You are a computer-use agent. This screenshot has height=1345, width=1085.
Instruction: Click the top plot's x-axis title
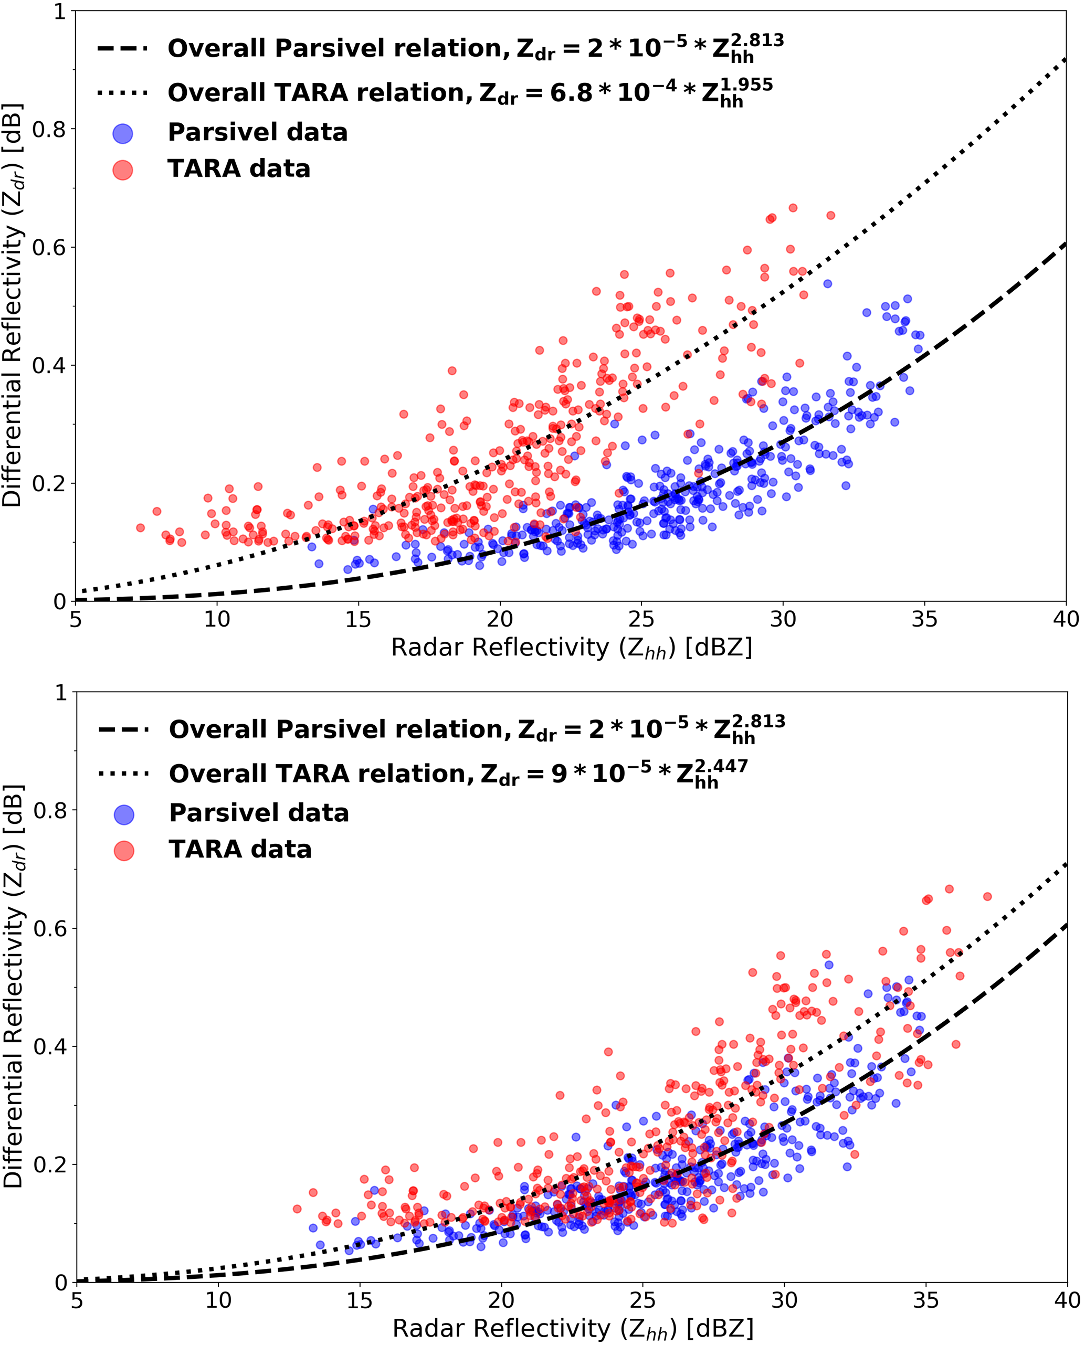coord(571,648)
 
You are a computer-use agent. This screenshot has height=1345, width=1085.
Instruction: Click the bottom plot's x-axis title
coord(573,1328)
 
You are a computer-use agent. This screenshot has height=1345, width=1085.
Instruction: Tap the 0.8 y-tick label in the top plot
coord(49,129)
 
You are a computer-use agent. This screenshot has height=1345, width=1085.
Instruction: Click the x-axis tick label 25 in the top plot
coord(641,620)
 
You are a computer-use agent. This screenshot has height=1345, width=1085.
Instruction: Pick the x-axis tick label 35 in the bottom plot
coord(925,1300)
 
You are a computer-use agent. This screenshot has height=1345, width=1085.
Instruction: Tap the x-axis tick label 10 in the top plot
coord(217,620)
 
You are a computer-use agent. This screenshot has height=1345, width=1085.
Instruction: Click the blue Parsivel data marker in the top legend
coord(122,133)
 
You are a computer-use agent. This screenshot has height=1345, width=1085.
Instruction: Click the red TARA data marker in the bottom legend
coord(124,850)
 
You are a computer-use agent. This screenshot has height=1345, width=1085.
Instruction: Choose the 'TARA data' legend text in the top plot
coord(239,168)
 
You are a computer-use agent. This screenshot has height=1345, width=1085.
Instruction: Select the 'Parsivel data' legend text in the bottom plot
coord(259,813)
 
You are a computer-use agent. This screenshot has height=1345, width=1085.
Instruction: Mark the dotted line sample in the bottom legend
coord(124,774)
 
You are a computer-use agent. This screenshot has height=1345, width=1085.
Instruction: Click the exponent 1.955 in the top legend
coord(747,84)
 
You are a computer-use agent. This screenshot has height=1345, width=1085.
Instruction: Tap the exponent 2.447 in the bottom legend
coord(722,765)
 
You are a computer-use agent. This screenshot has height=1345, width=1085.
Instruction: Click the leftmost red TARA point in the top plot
coord(141,528)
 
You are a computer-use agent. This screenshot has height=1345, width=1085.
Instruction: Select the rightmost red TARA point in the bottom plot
coord(987,896)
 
